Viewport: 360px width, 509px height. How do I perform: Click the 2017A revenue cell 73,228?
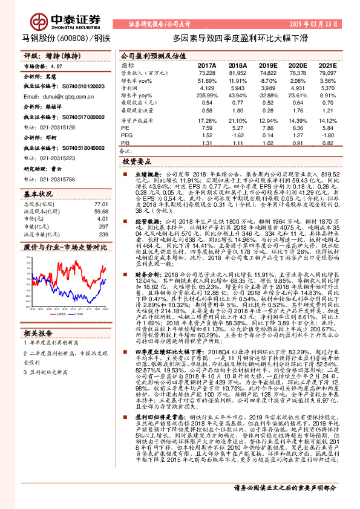[207, 73]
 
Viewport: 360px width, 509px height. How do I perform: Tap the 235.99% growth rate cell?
[207, 96]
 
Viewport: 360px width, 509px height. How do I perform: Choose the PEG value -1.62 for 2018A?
[238, 135]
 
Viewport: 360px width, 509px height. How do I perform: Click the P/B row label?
[125, 143]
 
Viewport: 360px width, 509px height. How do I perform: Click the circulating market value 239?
[103, 234]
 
